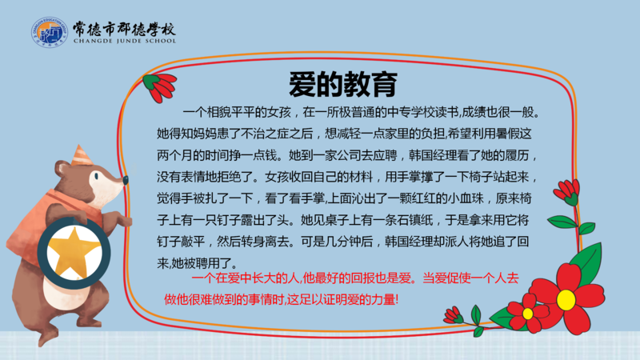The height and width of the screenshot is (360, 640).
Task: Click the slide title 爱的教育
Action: [x=343, y=85]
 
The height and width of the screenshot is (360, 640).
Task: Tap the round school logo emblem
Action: [x=50, y=32]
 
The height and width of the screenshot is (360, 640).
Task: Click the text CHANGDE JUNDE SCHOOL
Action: [x=125, y=41]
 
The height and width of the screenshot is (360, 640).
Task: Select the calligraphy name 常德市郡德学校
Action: [x=124, y=29]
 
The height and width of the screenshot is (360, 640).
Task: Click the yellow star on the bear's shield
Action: [x=74, y=253]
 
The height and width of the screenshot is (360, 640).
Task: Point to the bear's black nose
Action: [x=126, y=179]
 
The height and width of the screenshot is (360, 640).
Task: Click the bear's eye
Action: [x=96, y=176]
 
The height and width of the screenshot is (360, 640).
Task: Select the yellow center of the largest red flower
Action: [x=566, y=299]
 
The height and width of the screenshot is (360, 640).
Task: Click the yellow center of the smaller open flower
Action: [x=528, y=314]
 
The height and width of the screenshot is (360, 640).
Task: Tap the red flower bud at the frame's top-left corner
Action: [x=161, y=86]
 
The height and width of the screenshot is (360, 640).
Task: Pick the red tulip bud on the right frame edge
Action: [x=568, y=192]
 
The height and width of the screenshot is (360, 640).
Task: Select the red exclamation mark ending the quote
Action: [x=396, y=300]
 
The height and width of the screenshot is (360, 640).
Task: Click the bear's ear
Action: [x=62, y=168]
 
